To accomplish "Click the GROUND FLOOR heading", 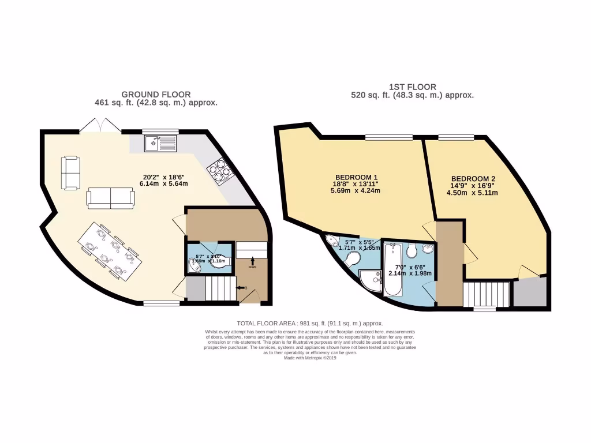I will pyautogui.click(x=156, y=95).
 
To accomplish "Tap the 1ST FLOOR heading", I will pyautogui.click(x=412, y=87).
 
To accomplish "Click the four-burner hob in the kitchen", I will pyautogui.click(x=221, y=170).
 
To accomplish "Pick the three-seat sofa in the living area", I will pyautogui.click(x=111, y=198).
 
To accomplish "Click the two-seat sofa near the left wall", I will pyautogui.click(x=72, y=172).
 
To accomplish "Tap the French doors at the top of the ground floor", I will pyautogui.click(x=100, y=125).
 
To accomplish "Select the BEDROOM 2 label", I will pyautogui.click(x=473, y=179).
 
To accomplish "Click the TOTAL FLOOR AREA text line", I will pyautogui.click(x=310, y=324).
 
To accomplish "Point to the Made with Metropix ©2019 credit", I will pyautogui.click(x=310, y=358).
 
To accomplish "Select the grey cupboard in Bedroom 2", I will pyautogui.click(x=530, y=292).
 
